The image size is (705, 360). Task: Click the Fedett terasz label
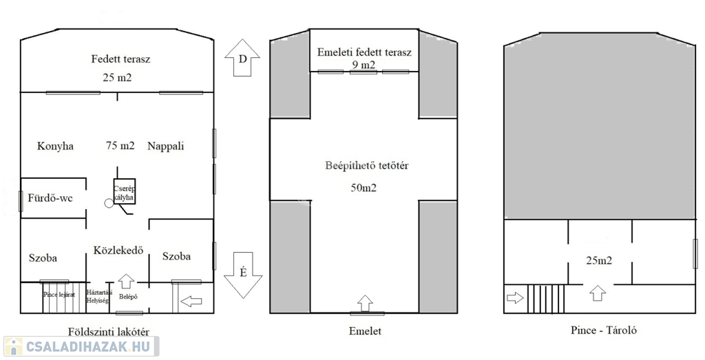[x=120, y=59]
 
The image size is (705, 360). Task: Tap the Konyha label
[x=55, y=146]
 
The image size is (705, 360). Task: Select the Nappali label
[x=166, y=146]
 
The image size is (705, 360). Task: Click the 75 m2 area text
[x=120, y=146]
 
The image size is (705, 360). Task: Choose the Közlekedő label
[x=118, y=251]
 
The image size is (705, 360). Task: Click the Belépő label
[x=129, y=297]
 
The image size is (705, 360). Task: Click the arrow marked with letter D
[x=242, y=60]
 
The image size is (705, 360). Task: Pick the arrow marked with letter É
[x=242, y=274]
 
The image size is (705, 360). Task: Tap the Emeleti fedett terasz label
[x=364, y=52]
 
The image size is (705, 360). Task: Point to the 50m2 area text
[x=364, y=187]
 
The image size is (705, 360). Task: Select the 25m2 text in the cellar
[x=598, y=260]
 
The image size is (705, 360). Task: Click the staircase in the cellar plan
[x=546, y=299]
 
